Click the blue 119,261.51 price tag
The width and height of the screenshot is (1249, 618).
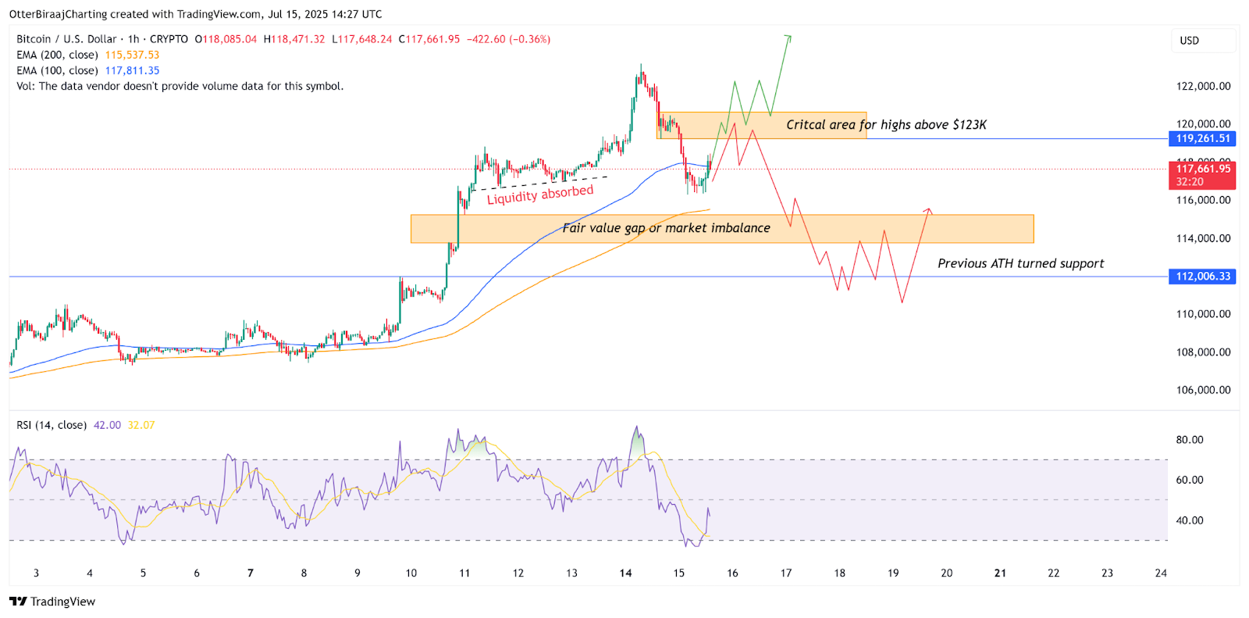(1202, 138)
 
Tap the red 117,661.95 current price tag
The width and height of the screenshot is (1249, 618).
(1202, 169)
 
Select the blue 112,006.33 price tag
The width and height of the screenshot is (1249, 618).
(1202, 277)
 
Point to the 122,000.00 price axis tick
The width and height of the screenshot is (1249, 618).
(1203, 87)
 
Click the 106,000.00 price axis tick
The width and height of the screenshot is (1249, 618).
(1203, 390)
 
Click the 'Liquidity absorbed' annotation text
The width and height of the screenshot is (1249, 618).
(540, 195)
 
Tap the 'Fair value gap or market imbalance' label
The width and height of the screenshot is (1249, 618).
(666, 228)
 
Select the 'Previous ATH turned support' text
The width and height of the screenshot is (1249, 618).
(1020, 263)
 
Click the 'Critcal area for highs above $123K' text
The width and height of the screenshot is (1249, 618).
(886, 125)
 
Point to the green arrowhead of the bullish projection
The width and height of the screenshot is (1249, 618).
(788, 37)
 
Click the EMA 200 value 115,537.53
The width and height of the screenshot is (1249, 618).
(132, 55)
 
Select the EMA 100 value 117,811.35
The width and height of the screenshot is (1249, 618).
(132, 70)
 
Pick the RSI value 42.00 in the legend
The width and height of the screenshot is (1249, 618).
(107, 425)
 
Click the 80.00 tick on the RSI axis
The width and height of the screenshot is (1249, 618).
(1190, 440)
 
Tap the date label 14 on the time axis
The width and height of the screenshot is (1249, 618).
(625, 573)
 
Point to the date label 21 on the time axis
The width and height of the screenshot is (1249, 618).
(1000, 573)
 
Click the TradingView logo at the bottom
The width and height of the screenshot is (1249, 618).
(52, 602)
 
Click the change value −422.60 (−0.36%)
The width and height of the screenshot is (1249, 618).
(508, 39)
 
